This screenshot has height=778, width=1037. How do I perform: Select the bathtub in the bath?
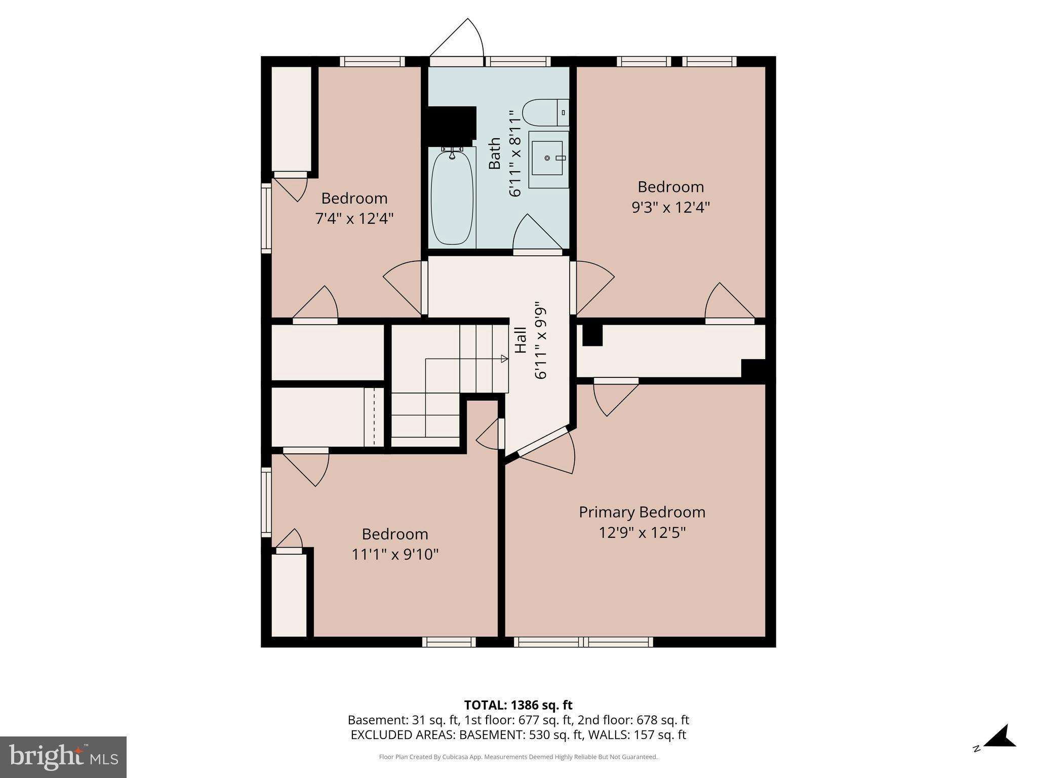pyautogui.click(x=452, y=198)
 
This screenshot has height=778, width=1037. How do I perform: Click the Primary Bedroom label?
pyautogui.click(x=642, y=512)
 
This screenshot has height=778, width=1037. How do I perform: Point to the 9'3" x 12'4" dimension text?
pyautogui.click(x=670, y=208)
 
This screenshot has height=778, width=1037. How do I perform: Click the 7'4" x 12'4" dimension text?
pyautogui.click(x=354, y=219)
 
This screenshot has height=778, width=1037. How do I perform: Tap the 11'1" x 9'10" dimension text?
pyautogui.click(x=395, y=555)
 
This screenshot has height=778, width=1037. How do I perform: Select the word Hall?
pyautogui.click(x=521, y=340)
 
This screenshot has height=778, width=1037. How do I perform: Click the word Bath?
pyautogui.click(x=495, y=153)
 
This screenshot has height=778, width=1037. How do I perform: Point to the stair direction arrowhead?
pyautogui.click(x=504, y=359)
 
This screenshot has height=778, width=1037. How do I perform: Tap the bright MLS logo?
pyautogui.click(x=63, y=757)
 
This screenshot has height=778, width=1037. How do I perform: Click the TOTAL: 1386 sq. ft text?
pyautogui.click(x=518, y=705)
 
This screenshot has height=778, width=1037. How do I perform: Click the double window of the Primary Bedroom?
pyautogui.click(x=583, y=642)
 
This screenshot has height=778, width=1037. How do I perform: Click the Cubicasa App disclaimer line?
pyautogui.click(x=518, y=757)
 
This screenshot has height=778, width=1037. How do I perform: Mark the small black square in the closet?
pyautogui.click(x=592, y=335)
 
